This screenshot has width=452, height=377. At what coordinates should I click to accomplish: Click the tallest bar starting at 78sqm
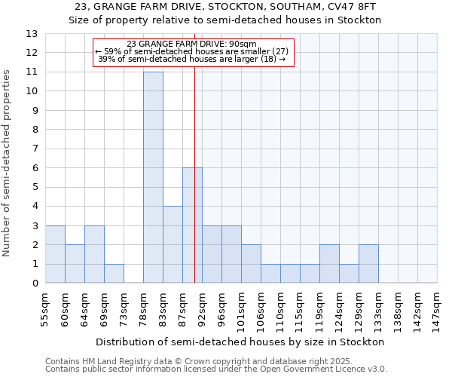click(153, 177)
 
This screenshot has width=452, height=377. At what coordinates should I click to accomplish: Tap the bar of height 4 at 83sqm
click(173, 244)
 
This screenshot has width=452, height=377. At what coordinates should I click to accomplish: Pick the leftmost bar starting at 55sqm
click(55, 254)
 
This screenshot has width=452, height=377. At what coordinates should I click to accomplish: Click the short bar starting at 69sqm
click(114, 274)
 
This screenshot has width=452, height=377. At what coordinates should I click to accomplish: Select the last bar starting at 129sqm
click(368, 264)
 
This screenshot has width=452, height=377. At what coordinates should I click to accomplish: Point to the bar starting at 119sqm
click(329, 264)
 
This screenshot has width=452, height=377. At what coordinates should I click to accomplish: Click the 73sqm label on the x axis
click(125, 308)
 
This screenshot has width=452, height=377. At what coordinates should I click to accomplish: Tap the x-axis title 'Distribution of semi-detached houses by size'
click(240, 342)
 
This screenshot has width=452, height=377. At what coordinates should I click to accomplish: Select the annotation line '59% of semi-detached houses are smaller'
click(191, 51)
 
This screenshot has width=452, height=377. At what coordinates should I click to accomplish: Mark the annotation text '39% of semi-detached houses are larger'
click(191, 59)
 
